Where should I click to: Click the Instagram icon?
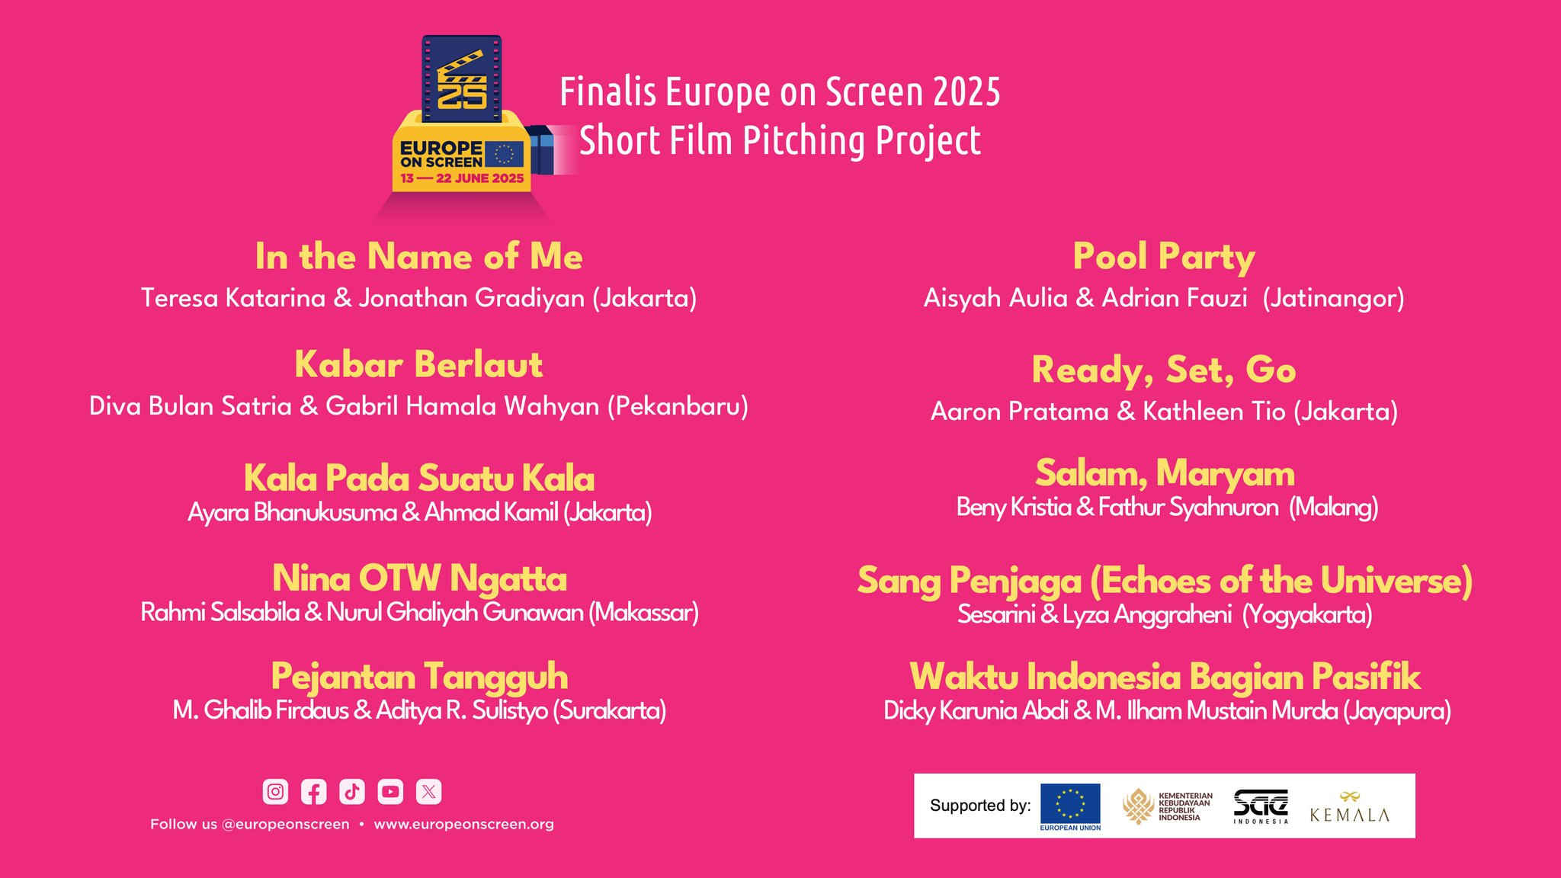[275, 792]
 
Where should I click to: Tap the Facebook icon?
[313, 792]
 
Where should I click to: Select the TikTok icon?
[352, 792]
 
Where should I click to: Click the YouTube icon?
[390, 792]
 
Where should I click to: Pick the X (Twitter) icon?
[429, 792]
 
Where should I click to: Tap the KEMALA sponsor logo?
[1349, 807]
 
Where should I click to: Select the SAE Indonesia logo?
[1261, 806]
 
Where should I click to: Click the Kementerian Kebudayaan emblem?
[1138, 806]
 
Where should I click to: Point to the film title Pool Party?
[1164, 258]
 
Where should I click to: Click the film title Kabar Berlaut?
[418, 364]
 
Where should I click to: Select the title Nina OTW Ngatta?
[420, 578]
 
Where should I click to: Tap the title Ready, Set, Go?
[1164, 370]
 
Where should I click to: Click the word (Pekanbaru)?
[678, 406]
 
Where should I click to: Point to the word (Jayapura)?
[1396, 711]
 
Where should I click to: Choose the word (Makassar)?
[643, 613]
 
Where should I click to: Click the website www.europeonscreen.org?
[463, 824]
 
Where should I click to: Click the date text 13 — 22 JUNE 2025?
[462, 178]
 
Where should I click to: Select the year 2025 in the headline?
[966, 92]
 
